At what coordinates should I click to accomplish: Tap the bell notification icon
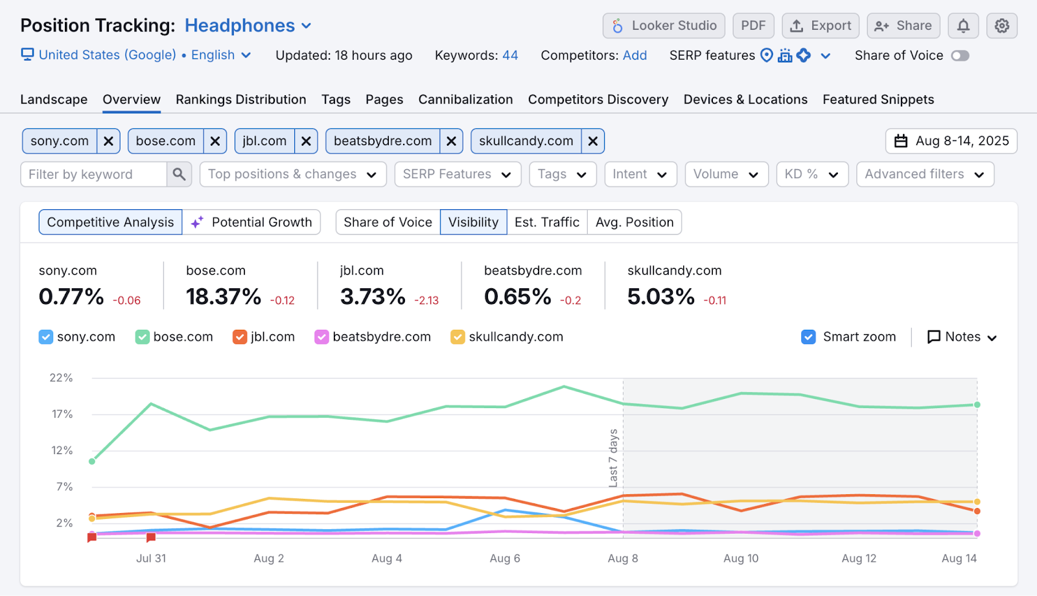963,26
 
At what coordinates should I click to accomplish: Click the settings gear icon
1001,26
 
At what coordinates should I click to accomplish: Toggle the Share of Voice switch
960,56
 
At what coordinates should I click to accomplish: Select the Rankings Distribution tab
240,100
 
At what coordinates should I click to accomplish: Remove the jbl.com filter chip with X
306,141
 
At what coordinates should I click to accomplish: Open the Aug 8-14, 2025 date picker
951,141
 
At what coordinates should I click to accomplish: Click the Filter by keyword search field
94,174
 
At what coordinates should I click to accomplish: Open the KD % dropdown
811,174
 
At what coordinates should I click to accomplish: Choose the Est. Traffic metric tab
546,222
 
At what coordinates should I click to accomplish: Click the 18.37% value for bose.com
224,297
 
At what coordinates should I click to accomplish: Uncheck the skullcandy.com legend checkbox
458,337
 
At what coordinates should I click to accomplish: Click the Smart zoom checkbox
808,337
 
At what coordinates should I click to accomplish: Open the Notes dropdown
962,337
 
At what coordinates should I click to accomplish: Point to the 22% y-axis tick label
62,378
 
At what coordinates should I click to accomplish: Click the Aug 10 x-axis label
741,558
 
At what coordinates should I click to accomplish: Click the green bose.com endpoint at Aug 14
977,405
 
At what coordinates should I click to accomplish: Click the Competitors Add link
635,56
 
